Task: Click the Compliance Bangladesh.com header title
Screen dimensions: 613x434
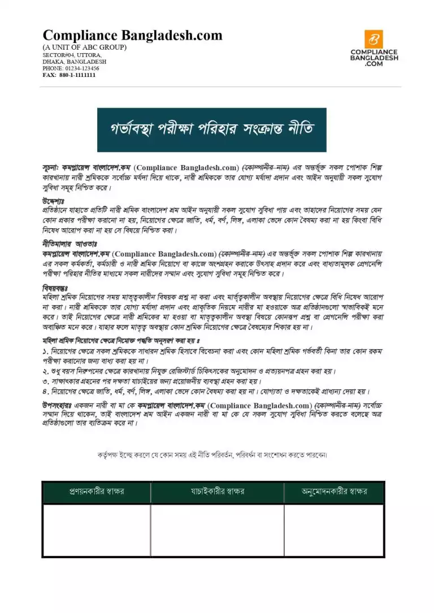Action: coord(132,36)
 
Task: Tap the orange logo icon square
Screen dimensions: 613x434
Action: coord(374,39)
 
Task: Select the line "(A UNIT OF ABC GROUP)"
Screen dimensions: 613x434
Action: coord(85,47)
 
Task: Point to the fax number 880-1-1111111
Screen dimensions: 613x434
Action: coord(77,75)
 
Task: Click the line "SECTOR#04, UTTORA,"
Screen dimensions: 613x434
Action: coord(72,55)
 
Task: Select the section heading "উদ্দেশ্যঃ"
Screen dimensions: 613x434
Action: coord(54,201)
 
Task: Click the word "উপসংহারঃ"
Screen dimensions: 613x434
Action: coord(57,405)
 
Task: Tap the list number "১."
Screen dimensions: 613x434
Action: coord(46,351)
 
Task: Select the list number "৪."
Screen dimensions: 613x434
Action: coord(46,391)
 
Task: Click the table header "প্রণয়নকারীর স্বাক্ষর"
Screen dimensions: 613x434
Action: coord(96,492)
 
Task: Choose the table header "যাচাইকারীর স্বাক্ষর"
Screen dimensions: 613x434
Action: coord(217,492)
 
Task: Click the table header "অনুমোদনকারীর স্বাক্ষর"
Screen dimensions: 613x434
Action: coord(334,492)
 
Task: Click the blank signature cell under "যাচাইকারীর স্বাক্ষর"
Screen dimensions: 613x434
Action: coord(217,529)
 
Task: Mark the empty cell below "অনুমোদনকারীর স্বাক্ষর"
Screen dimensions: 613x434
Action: coord(334,529)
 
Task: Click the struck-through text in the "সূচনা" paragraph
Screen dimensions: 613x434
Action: coord(266,168)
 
